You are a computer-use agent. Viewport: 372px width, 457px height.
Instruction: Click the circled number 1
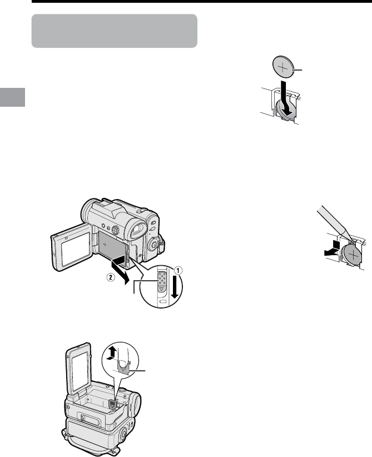coord(178,270)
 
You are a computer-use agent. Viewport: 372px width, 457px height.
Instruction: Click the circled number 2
coord(110,278)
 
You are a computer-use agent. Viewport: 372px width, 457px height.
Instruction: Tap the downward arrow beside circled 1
coord(175,287)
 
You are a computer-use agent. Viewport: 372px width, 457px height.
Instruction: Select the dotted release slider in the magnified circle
coord(161,279)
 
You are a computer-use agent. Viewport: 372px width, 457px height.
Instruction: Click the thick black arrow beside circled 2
coord(120,269)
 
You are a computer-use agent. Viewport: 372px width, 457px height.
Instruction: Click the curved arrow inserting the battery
coord(285,98)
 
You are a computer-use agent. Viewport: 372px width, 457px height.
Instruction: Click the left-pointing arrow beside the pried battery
coord(333,249)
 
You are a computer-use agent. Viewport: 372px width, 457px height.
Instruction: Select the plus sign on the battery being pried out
coord(354,255)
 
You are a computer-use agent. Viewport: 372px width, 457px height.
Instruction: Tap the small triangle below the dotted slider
coord(161,290)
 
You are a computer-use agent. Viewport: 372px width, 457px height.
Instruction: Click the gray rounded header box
coord(115,31)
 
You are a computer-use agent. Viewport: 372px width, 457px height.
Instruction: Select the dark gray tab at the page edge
coord(13,97)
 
